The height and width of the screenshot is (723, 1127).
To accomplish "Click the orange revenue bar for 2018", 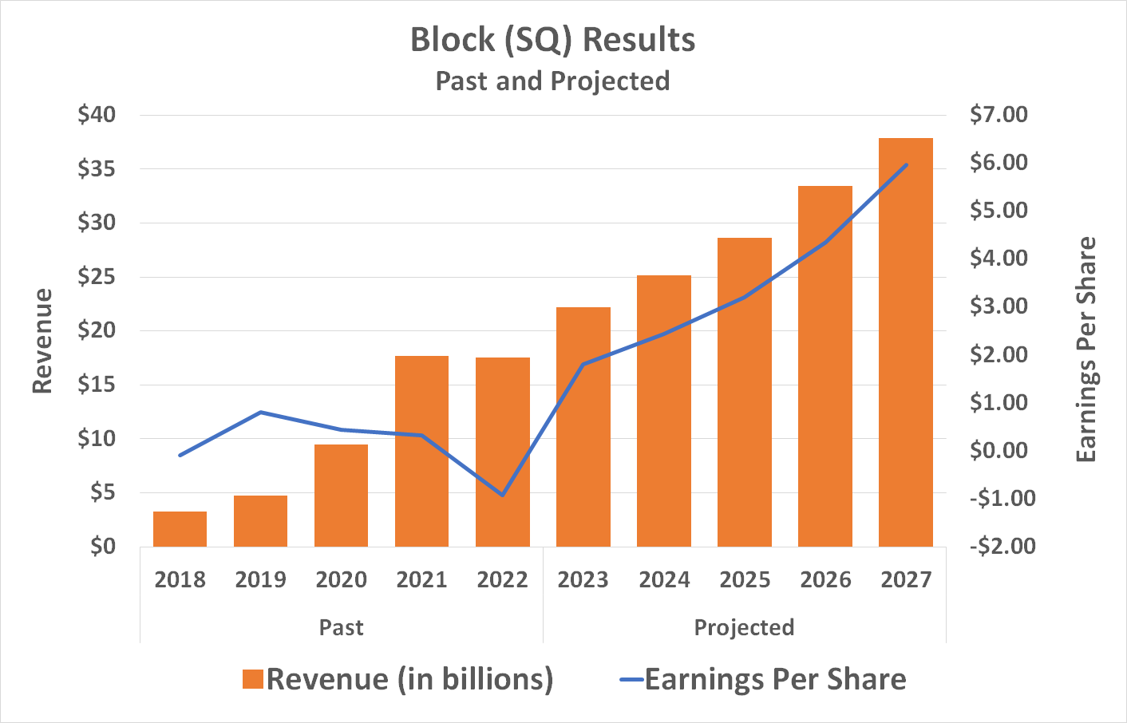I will tap(180, 529).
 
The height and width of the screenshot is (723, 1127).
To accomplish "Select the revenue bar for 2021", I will tap(421, 451).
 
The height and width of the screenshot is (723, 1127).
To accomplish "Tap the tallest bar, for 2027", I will tap(906, 343).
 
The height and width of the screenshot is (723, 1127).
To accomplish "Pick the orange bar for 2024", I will tap(664, 411).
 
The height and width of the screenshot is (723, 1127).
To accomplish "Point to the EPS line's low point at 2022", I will tap(502, 495).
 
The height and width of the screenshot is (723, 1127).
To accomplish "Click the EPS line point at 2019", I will tap(261, 413).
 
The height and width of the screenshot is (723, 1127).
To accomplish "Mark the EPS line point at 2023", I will tap(583, 365).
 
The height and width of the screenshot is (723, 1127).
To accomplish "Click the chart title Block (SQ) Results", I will tap(552, 40).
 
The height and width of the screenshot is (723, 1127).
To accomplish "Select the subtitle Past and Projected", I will tap(552, 81).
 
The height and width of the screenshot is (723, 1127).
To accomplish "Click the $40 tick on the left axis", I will tap(97, 115).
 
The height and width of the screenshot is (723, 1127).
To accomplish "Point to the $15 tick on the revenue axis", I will tap(97, 385).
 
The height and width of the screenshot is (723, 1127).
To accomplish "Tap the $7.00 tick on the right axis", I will tap(998, 115).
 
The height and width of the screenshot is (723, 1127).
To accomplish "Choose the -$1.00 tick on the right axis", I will tap(1002, 498).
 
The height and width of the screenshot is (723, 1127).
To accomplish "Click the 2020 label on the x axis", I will tap(341, 579).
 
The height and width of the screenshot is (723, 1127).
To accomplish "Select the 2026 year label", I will tap(825, 579).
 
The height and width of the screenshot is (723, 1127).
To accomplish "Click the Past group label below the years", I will tap(341, 627).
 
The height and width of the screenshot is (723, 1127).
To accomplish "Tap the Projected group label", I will tap(744, 627).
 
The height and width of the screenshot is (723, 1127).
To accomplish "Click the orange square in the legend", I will tap(253, 679).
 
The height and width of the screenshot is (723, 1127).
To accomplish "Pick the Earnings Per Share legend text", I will tap(775, 679).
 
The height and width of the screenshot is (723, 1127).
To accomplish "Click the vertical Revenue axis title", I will tap(42, 341).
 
